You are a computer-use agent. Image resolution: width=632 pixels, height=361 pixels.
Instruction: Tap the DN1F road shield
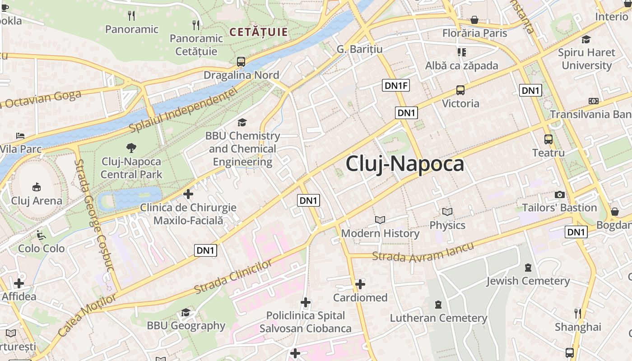395,85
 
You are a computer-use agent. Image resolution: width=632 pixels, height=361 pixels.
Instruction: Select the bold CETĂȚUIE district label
258,32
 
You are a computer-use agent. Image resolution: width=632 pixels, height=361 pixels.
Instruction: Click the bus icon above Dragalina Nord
241,62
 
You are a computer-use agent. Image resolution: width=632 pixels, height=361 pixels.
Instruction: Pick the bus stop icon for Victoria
460,90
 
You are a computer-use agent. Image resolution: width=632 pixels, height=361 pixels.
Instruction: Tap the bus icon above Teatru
548,139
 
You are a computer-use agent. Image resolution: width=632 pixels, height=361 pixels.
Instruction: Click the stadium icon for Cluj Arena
36,187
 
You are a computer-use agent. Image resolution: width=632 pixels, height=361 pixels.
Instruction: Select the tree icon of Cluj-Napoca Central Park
131,148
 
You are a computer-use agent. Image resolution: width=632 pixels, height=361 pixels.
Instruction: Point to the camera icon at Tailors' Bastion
560,194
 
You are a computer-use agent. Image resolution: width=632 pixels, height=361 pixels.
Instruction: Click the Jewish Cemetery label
528,281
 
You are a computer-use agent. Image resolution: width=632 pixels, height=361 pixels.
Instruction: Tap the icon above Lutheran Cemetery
438,305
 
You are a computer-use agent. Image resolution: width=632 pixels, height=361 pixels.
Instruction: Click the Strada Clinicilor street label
233,276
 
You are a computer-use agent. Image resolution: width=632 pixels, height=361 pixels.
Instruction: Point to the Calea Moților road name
87,314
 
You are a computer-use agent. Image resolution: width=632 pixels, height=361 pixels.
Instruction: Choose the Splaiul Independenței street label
183,111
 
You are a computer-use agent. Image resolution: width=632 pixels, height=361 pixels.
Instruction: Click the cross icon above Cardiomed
360,284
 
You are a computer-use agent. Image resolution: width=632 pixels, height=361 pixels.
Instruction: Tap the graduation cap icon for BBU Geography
186,312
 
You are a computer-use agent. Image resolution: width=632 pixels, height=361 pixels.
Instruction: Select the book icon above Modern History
380,220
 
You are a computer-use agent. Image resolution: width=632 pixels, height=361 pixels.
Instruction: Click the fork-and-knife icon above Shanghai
578,313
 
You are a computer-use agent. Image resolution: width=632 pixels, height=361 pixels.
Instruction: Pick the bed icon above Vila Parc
20,135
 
